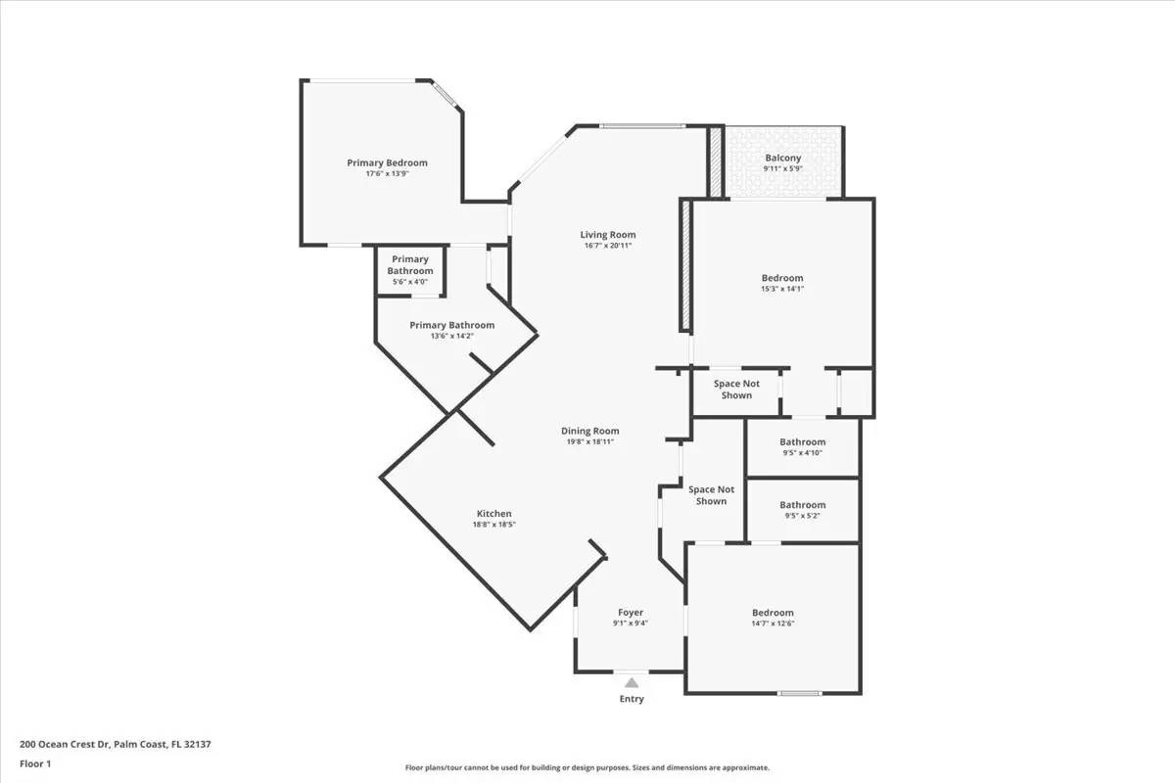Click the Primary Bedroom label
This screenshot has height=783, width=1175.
387,162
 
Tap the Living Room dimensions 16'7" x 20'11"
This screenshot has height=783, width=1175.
607,246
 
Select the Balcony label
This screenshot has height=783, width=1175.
782,158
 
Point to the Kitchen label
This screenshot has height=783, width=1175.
493,514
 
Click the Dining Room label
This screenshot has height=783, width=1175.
589,431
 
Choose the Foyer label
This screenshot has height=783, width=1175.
631,613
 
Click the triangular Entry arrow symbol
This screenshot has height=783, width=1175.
632,683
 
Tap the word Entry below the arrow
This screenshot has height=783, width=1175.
632,699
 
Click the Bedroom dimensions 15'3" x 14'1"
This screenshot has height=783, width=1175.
782,290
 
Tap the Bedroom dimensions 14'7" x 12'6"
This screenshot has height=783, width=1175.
773,623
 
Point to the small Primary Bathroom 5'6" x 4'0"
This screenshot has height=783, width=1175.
409,270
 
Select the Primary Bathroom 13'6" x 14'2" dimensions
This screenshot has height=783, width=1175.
451,336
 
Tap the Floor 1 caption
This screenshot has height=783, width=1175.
35,763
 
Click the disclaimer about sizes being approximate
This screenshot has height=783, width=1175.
587,768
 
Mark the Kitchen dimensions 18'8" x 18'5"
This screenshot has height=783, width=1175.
493,525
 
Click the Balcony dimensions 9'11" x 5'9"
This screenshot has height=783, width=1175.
782,169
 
